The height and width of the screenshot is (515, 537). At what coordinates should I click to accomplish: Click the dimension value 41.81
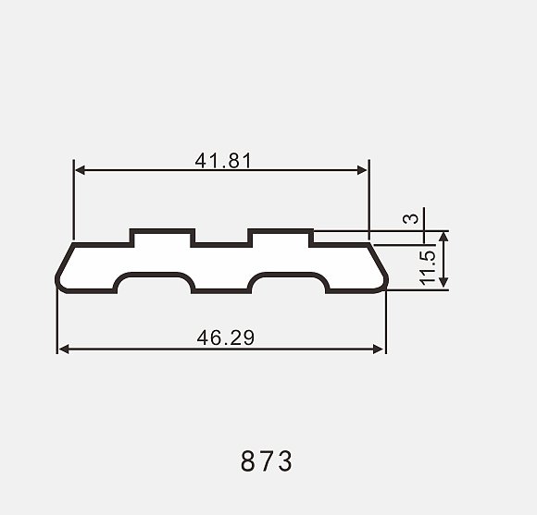223,161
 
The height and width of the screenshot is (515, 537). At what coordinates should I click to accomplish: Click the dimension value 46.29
226,337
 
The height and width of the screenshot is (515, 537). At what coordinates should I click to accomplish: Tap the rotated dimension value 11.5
427,268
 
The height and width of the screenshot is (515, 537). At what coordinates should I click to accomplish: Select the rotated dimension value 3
411,218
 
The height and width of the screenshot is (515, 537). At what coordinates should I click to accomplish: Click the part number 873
267,461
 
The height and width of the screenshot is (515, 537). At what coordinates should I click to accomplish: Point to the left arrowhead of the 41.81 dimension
80,170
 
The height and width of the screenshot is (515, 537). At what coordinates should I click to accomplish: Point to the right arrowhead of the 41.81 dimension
362,170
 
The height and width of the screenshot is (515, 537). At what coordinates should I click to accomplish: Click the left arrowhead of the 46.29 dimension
64,349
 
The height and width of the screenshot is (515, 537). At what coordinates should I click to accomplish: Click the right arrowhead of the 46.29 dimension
378,349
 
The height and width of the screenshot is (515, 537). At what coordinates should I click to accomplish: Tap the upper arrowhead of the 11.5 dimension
443,237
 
